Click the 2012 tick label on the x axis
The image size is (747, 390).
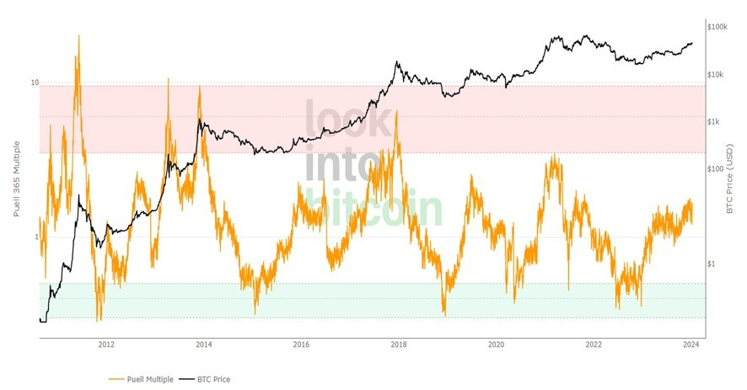coord(106,345)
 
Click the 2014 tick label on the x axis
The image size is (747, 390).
coord(203,345)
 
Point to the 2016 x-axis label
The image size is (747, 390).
coord(301,345)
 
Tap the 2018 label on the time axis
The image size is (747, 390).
coord(399,345)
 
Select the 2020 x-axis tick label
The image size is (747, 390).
coord(496,345)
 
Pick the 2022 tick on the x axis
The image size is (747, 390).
coord(594,345)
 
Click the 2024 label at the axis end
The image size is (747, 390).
coord(691,345)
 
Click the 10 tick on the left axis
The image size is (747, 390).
coord(35,83)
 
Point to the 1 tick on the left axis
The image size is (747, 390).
coord(36,238)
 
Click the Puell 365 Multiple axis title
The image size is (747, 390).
coord(17,179)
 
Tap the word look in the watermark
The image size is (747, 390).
coord(347,120)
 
